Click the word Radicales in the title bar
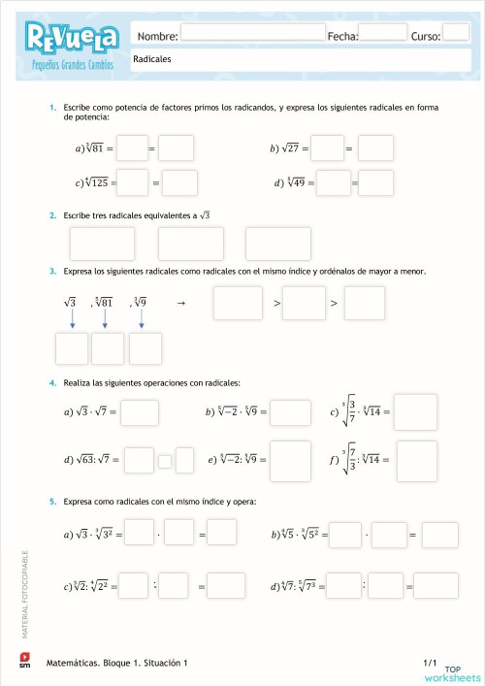pyautogui.click(x=152, y=59)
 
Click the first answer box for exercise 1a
pyautogui.click(x=132, y=148)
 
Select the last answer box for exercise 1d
pyautogui.click(x=375, y=181)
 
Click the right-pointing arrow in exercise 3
pyautogui.click(x=181, y=303)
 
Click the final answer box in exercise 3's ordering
pyautogui.click(x=365, y=303)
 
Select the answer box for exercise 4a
pyautogui.click(x=140, y=412)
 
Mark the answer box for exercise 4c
pyautogui.click(x=415, y=411)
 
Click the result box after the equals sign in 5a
pyautogui.click(x=222, y=532)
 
